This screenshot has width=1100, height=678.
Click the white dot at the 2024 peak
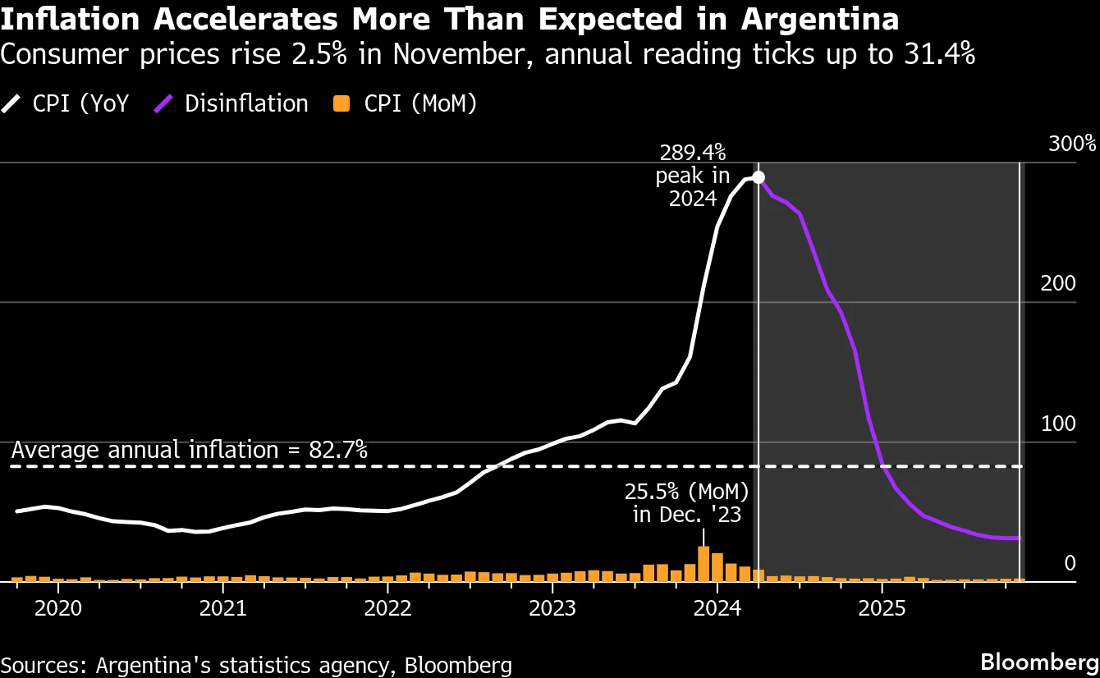759,177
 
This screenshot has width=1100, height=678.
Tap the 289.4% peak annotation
692,176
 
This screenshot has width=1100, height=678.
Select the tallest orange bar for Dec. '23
704,564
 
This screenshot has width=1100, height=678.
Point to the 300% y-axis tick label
1072,144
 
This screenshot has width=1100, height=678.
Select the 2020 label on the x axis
58,609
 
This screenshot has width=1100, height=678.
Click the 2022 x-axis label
387,609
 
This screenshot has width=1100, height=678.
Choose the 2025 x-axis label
882,609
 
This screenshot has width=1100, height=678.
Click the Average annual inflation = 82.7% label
190,450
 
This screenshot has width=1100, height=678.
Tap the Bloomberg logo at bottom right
1040,662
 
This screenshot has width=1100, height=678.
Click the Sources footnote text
256,665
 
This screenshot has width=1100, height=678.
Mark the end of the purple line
1019,538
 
